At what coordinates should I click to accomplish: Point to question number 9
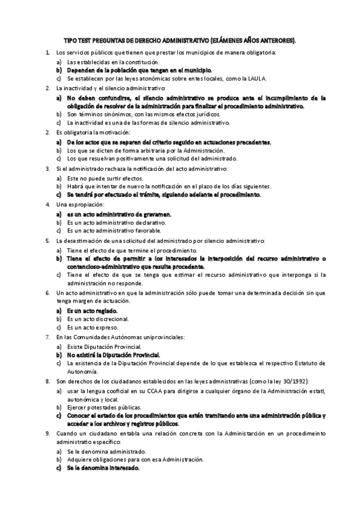click(47, 433)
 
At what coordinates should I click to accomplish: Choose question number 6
click(47, 292)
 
